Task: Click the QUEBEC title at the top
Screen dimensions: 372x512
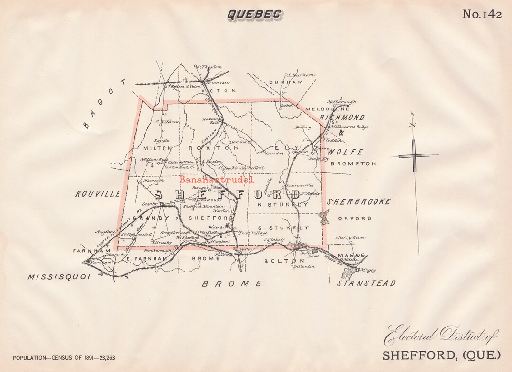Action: coord(255,14)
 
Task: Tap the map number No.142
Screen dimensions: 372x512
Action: coord(482,14)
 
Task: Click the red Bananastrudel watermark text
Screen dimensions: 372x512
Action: coord(217,180)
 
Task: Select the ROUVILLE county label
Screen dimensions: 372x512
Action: coord(98,194)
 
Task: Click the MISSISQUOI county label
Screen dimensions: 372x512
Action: coord(58,277)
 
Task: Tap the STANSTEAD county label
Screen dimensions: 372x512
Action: coord(366,283)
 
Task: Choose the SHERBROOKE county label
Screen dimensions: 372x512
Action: coord(359,202)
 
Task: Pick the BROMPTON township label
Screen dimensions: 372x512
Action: coord(353,164)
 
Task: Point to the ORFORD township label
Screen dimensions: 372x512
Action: coord(355,218)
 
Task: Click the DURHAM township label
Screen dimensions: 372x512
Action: coord(285,82)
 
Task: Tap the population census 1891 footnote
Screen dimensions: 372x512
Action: coord(64,358)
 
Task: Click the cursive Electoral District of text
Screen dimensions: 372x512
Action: coord(441,337)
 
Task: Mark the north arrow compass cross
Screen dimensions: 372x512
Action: coord(414,155)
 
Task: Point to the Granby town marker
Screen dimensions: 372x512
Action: coord(162,205)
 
